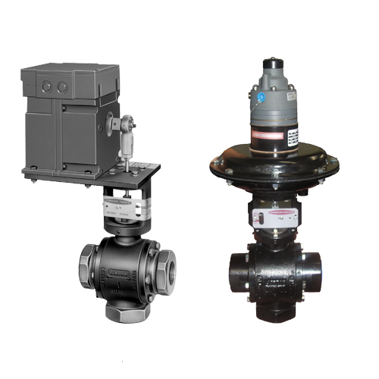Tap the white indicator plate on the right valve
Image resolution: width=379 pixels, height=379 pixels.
[277, 219]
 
